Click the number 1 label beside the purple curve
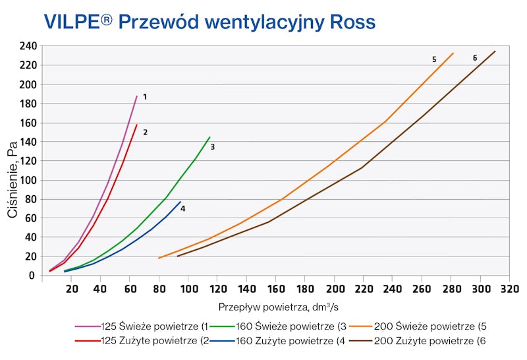[144, 97]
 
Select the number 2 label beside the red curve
[145, 133]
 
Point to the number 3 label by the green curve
[213, 147]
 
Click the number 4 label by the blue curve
[183, 208]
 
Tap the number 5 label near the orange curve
[434, 59]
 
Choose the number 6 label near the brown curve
[475, 58]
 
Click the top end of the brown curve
[495, 51]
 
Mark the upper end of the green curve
[209, 137]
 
